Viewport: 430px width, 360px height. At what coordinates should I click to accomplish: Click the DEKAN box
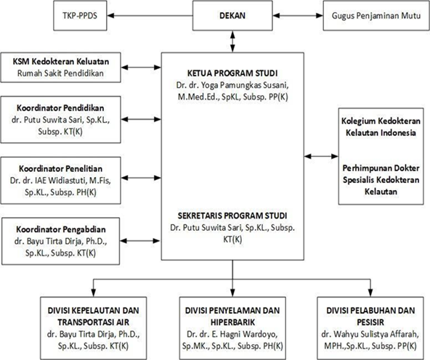click(232, 15)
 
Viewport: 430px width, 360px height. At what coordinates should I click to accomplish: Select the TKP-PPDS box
click(80, 15)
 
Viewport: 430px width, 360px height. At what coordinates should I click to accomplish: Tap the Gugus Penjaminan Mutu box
click(376, 15)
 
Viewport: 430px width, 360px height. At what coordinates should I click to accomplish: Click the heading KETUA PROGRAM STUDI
click(232, 73)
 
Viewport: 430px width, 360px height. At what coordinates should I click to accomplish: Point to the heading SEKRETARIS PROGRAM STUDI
click(232, 216)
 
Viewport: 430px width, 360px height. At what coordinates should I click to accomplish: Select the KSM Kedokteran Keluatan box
click(60, 67)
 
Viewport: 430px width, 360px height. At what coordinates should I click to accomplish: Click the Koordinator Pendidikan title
click(60, 108)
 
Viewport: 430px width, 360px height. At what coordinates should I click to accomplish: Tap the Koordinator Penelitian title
click(60, 168)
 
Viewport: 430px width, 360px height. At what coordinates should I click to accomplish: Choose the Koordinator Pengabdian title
click(60, 229)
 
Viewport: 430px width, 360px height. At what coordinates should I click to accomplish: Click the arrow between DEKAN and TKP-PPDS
click(150, 16)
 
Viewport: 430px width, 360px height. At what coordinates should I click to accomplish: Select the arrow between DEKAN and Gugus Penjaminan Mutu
click(298, 16)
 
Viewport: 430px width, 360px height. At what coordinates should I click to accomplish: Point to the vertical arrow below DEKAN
click(232, 41)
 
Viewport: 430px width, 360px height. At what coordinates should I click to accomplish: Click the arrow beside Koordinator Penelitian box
click(141, 178)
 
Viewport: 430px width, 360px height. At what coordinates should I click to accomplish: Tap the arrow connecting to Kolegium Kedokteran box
click(321, 156)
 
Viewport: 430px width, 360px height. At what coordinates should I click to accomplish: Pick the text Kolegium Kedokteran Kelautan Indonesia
click(381, 127)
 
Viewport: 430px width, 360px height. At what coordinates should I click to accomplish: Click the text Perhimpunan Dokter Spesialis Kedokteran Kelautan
click(381, 180)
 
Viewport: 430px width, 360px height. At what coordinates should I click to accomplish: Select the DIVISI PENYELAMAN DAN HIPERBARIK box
click(232, 328)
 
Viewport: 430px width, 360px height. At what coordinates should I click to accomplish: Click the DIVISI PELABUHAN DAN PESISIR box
click(370, 328)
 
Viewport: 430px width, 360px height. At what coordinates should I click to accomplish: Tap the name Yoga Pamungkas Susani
click(245, 85)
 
